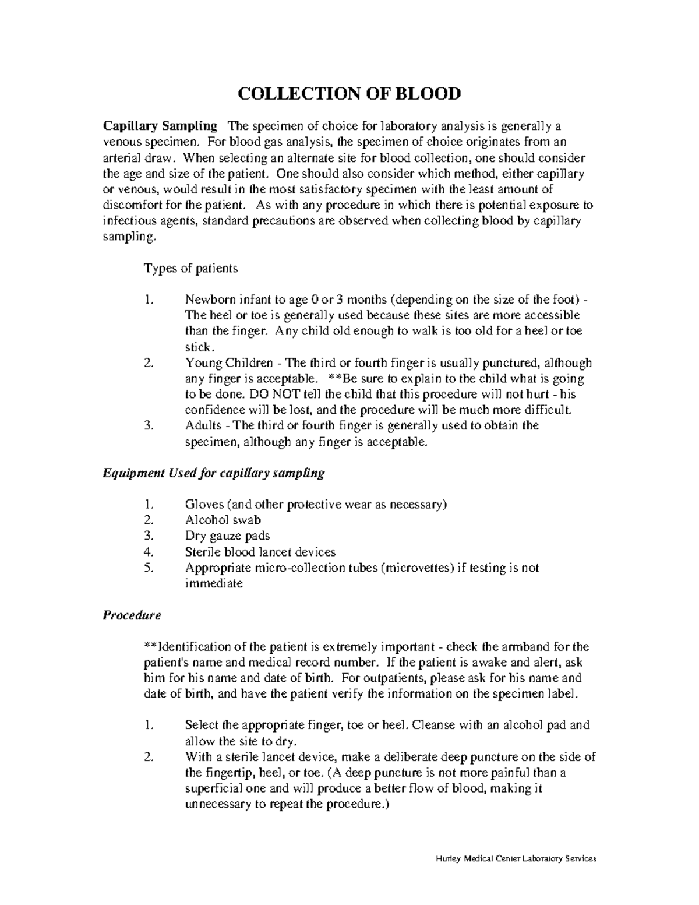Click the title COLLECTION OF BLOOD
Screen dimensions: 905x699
pos(348,93)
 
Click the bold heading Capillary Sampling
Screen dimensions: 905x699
pos(160,126)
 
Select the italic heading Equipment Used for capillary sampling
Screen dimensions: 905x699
pos(213,473)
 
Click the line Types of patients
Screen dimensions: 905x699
pos(190,268)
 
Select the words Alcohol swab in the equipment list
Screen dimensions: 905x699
pos(223,520)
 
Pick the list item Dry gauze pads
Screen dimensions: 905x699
pos(227,536)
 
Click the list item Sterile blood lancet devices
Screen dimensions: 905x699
pos(260,551)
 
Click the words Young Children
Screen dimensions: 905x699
pos(228,363)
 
